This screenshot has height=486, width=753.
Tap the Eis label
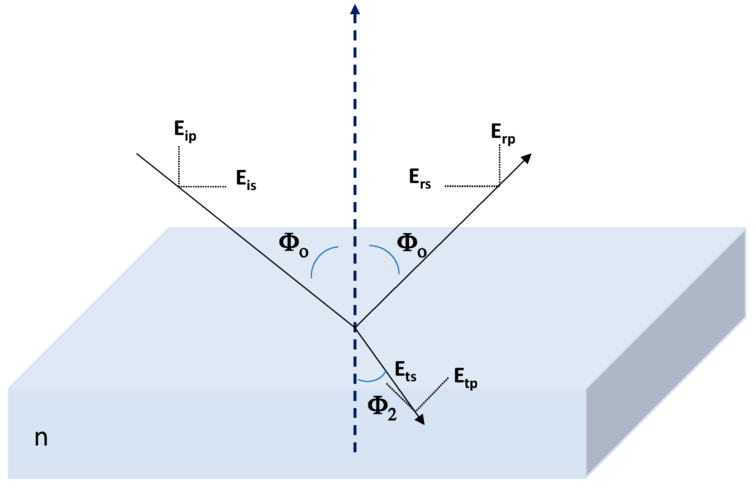pyautogui.click(x=246, y=180)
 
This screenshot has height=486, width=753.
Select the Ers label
pyautogui.click(x=420, y=179)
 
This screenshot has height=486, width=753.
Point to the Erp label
pyautogui.click(x=503, y=134)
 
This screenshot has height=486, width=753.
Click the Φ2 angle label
pyautogui.click(x=382, y=408)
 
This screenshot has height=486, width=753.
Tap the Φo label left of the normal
pyautogui.click(x=293, y=245)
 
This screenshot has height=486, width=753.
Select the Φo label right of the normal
pyautogui.click(x=412, y=245)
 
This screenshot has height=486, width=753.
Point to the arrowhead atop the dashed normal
pyautogui.click(x=355, y=10)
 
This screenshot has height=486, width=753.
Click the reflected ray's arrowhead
pyautogui.click(x=527, y=158)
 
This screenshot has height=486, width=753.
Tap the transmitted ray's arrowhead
pyautogui.click(x=420, y=419)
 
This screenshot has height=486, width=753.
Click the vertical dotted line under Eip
pyautogui.click(x=179, y=166)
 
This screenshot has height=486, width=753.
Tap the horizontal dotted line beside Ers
pyautogui.click(x=472, y=186)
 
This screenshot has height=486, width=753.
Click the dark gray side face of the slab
pyautogui.click(x=665, y=354)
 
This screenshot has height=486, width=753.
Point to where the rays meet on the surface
pyautogui.click(x=355, y=327)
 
